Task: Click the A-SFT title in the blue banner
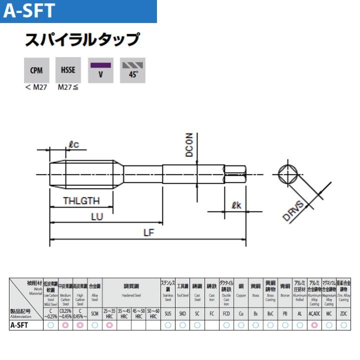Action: point(28,11)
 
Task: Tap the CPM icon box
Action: point(36,70)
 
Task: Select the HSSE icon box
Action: point(68,70)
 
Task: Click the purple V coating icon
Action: point(100,70)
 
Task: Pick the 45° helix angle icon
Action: point(132,70)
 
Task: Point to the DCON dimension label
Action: point(189,145)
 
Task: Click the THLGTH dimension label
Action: point(81,201)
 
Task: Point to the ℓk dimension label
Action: point(237,204)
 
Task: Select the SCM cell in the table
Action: point(95,313)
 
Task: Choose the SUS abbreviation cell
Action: point(168,313)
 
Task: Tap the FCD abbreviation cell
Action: point(226,313)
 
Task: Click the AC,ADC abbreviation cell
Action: point(314,313)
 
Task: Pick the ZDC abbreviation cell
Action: point(343,313)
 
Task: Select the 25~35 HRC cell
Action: point(109,313)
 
